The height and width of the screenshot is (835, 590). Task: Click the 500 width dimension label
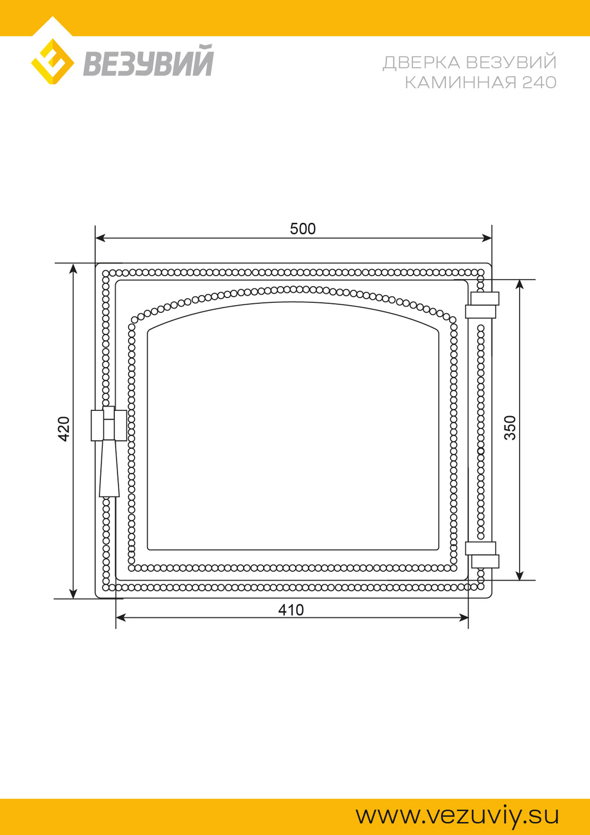(303, 229)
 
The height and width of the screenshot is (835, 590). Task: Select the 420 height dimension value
(64, 429)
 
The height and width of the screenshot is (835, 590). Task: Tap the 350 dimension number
(510, 428)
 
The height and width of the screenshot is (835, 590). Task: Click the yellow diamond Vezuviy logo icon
(52, 61)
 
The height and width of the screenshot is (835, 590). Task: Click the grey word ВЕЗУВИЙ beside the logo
(148, 60)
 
